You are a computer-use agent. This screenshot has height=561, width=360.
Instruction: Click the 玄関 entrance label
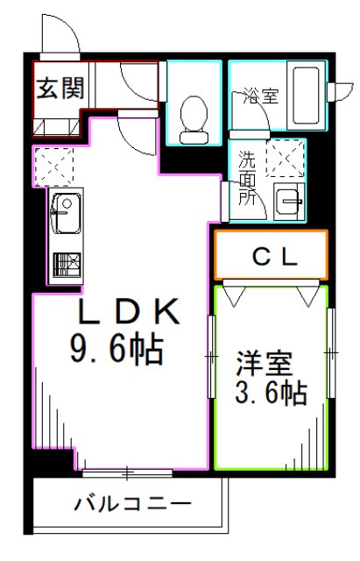tap(59, 89)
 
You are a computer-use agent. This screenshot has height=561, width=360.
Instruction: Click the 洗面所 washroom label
tap(250, 178)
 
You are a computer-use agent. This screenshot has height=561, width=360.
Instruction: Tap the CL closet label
tap(271, 257)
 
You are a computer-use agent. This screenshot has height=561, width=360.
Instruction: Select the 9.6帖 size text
tap(116, 352)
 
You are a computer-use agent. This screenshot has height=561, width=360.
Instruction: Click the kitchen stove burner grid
tap(66, 264)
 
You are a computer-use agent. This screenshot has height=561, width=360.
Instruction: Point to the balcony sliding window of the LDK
tap(129, 473)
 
